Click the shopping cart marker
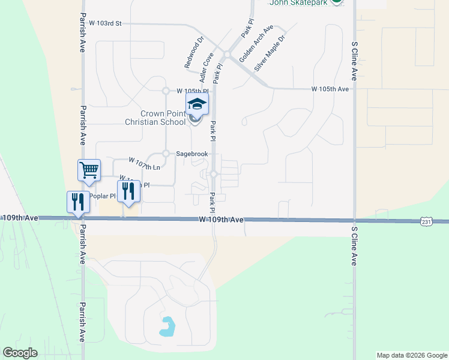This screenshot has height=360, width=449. click(89, 170)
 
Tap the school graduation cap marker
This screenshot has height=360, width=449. click(196, 104)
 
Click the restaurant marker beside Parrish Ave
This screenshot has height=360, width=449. click(77, 202)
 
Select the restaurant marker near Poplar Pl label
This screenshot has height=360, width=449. click(128, 191)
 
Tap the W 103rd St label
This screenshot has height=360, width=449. click(105, 23)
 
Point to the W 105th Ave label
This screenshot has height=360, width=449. click(330, 89)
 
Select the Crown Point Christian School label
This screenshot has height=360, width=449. click(155, 118)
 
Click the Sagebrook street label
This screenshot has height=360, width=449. click(191, 154)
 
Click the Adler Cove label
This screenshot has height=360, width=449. click(208, 67)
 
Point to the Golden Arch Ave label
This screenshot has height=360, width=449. click(256, 43)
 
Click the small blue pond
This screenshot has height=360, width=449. click(167, 326)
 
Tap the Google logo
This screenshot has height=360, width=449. click(20, 353)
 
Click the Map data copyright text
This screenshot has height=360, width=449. click(412, 355)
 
